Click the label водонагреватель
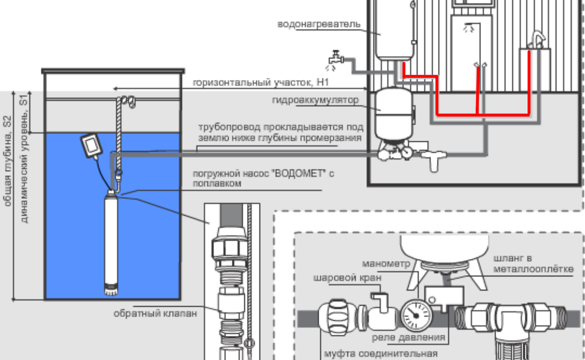(x=319, y=24)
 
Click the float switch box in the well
(x=92, y=145)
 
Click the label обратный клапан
(x=155, y=314)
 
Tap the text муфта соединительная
(x=380, y=353)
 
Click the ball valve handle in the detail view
(x=380, y=298)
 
